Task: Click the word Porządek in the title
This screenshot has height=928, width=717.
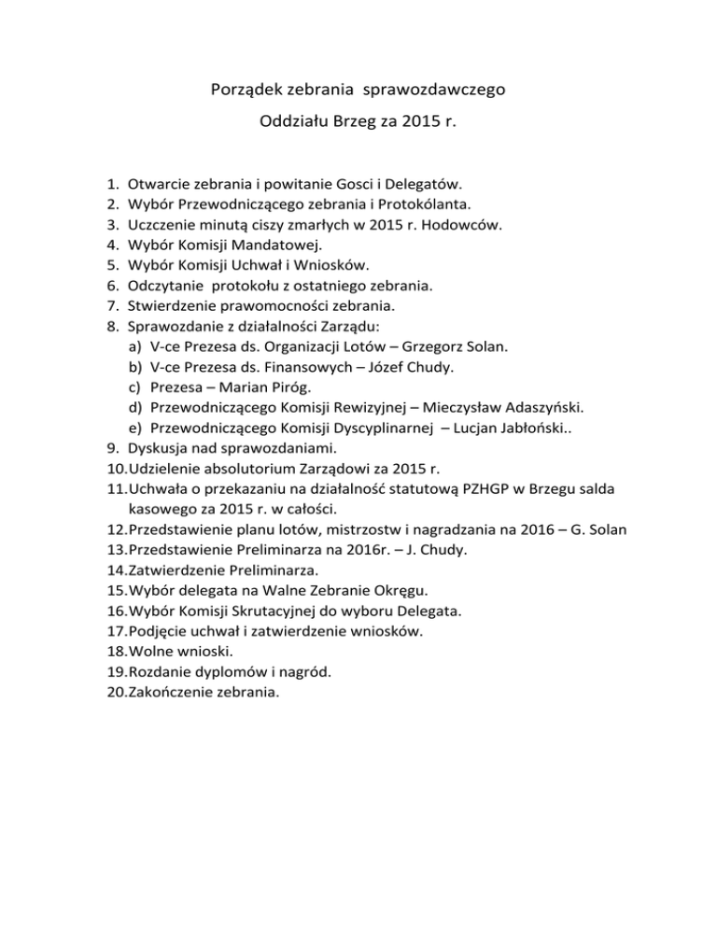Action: (241, 91)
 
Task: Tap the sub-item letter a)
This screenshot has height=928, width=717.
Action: (135, 347)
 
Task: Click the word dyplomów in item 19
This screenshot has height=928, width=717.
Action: (230, 672)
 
